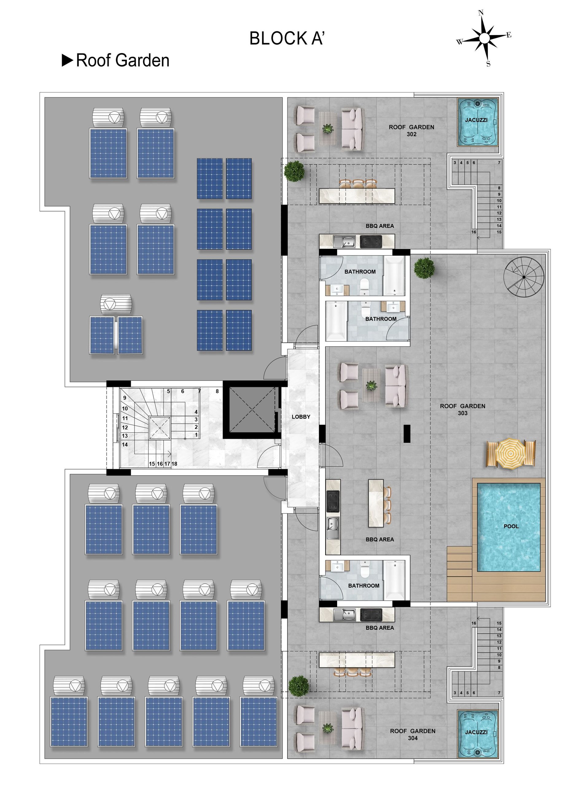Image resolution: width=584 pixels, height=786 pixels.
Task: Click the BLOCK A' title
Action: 287,38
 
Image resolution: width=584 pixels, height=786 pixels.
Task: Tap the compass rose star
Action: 484,37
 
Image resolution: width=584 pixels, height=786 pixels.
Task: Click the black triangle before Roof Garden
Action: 67,60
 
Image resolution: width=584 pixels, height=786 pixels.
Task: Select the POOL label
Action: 511,526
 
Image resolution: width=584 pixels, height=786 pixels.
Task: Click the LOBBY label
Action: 301,417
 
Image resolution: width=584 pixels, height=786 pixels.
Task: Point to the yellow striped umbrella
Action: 510,453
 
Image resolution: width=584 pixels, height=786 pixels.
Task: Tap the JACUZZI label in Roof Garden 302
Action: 476,120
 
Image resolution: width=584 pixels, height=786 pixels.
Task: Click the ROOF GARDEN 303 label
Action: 462,409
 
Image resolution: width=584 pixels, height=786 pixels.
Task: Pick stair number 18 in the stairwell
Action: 174,464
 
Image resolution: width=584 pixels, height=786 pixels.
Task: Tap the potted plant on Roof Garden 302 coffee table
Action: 328,128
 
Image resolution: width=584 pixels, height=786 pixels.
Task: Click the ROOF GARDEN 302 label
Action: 411,130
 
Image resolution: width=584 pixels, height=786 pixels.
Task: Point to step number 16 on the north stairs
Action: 474,232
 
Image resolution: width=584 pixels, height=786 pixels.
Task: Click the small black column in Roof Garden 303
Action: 407,433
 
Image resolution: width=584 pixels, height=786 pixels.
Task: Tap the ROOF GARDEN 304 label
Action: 413,734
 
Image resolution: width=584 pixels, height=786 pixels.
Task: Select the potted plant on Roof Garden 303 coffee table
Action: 371,385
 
